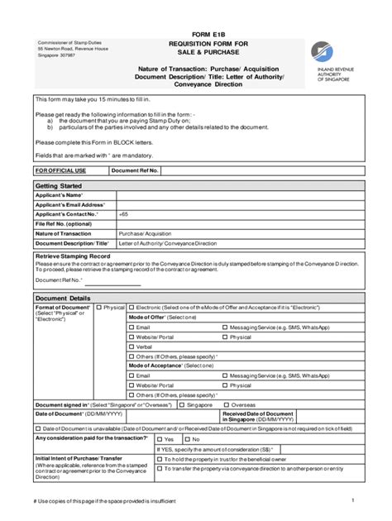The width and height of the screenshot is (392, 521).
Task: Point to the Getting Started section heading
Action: click(x=57, y=186)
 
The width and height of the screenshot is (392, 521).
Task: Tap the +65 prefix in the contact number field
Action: click(x=124, y=214)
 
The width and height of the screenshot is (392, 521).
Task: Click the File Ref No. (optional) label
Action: click(x=63, y=223)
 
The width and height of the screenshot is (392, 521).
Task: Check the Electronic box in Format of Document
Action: click(x=131, y=308)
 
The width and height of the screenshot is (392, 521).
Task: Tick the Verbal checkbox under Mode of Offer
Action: click(x=131, y=347)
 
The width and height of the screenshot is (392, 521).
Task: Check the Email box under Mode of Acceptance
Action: click(x=131, y=375)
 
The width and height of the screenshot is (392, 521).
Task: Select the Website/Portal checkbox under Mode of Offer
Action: click(x=131, y=337)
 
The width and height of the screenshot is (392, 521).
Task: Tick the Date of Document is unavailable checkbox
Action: click(x=37, y=428)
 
